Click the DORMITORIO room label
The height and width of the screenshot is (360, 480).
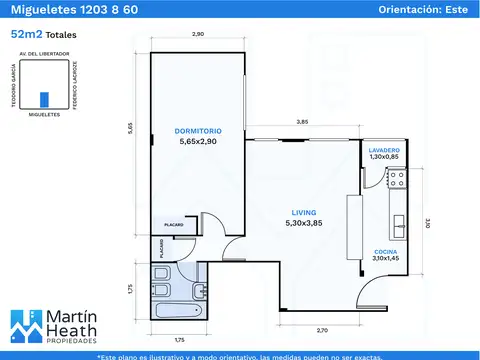pos(197,131)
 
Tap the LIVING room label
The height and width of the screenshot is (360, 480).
pos(303,211)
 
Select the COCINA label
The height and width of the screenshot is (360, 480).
pos(386,251)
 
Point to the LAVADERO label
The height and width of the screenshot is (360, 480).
pos(384,148)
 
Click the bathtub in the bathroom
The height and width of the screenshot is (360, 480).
pos(179,313)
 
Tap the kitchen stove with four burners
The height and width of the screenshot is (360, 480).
pos(396,180)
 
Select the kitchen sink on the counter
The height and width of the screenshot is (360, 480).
pos(397,223)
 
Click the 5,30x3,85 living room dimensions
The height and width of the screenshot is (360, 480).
pos(303,223)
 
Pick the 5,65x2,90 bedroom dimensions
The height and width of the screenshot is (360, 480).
pos(197,142)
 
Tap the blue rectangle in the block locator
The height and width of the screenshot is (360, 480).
pos(43,99)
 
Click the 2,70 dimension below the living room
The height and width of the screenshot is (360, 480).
pos(322,329)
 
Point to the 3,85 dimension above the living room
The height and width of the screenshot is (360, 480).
pos(302,122)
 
